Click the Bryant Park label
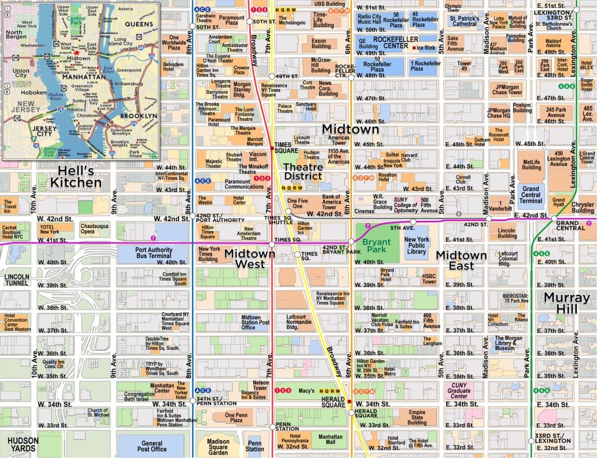point(377,246)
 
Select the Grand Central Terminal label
point(530,195)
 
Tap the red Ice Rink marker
point(414,48)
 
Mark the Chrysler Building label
point(582,207)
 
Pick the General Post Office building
point(152,445)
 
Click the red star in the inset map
point(77,53)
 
